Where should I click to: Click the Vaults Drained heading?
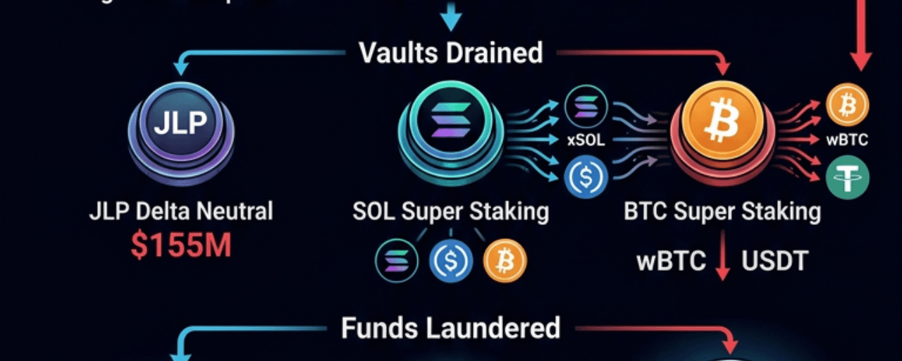(451, 53)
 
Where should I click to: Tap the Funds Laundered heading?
(451, 328)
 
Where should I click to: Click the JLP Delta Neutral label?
(180, 211)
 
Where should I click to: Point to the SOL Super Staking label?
(451, 211)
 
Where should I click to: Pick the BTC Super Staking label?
(722, 211)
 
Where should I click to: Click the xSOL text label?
(586, 140)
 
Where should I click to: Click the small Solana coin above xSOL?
(586, 106)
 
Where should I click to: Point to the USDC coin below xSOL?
(586, 176)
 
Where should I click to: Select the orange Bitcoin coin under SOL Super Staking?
(505, 261)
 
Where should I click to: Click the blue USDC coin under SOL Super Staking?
(450, 261)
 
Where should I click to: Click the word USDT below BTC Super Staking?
(774, 262)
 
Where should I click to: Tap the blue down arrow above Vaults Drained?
(451, 16)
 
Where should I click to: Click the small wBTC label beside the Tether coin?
(847, 140)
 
